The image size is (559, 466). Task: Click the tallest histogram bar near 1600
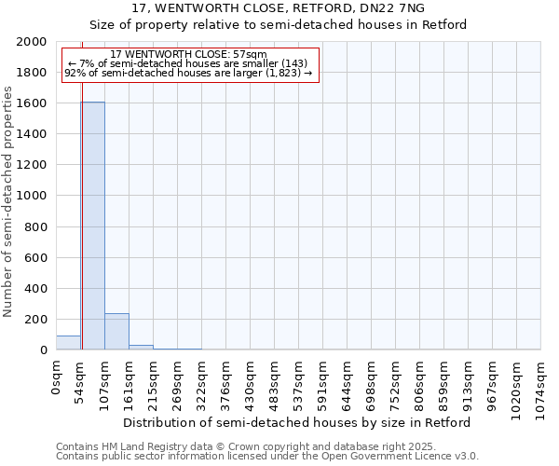(x=92, y=226)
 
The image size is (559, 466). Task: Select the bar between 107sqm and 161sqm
(x=116, y=332)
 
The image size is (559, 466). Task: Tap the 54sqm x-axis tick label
(x=81, y=380)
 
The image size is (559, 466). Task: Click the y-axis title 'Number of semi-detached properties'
(x=9, y=201)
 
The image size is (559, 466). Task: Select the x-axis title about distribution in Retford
(x=298, y=422)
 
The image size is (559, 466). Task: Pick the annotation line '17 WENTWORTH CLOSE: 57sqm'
(x=188, y=55)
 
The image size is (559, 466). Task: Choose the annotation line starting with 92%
(x=188, y=72)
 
